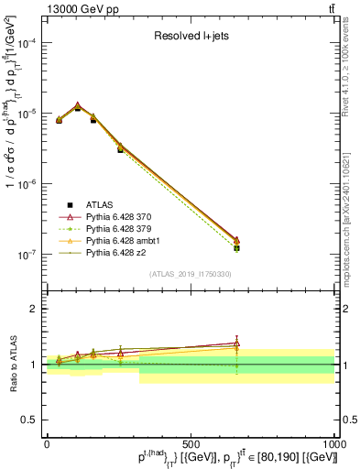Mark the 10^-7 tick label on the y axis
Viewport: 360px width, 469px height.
[x=27, y=255]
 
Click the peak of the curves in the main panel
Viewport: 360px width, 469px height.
[x=78, y=106]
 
